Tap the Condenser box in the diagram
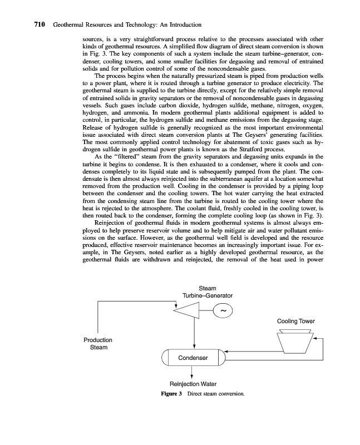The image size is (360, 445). point(193,358)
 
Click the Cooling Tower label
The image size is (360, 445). point(295,321)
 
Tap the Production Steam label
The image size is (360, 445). point(97,343)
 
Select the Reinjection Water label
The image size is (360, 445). point(193,384)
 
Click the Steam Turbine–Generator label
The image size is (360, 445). point(208,291)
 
